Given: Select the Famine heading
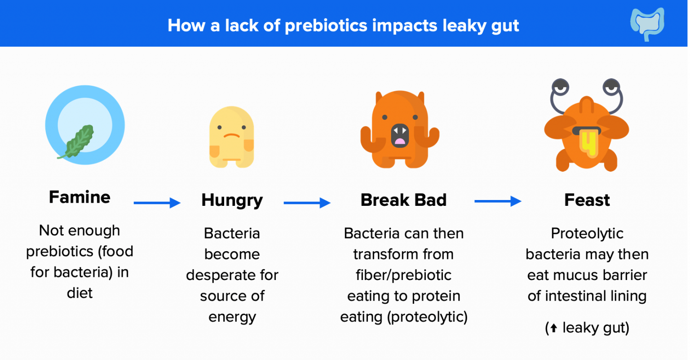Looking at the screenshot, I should [x=80, y=197].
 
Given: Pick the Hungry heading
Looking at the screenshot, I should [x=232, y=200].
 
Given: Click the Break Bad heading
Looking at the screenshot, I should [x=403, y=200].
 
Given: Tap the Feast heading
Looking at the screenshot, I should [x=587, y=200].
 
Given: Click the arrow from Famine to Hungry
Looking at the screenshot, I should [x=157, y=203].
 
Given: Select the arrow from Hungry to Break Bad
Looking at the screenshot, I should [x=307, y=203].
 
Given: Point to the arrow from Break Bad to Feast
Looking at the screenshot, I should [x=498, y=201].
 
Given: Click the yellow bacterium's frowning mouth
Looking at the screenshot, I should [x=232, y=135].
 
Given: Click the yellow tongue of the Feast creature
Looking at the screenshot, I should [x=587, y=142].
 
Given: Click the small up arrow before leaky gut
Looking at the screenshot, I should [x=554, y=329].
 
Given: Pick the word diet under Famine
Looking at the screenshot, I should [x=80, y=293].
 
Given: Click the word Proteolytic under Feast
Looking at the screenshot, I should [x=587, y=234].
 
